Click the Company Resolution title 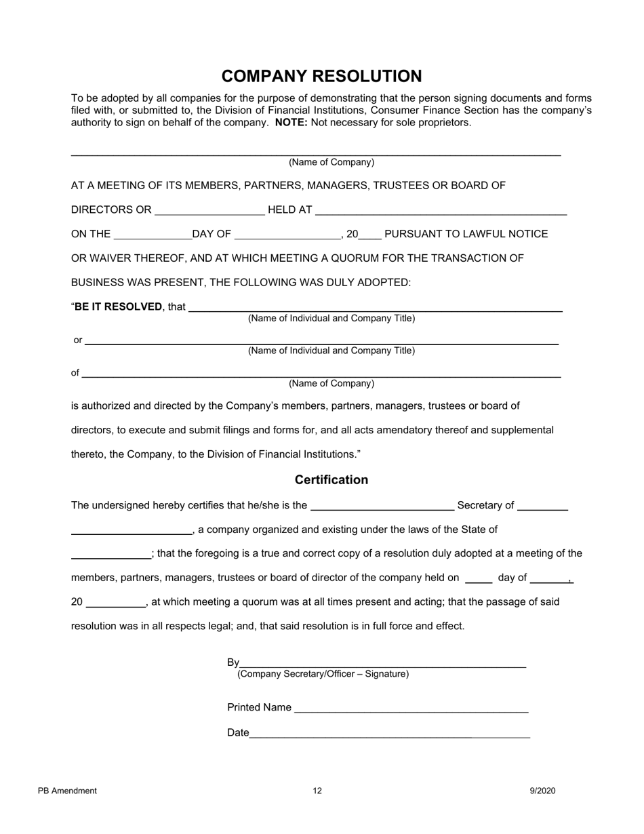click(x=321, y=76)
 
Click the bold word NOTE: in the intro click(x=291, y=123)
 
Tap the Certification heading click(x=331, y=480)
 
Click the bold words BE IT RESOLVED click(x=119, y=306)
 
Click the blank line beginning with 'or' click(x=321, y=342)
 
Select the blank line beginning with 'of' click(x=321, y=374)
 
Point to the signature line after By click(x=383, y=664)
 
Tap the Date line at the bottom click(x=389, y=734)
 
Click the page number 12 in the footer click(x=317, y=791)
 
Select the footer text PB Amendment click(x=68, y=791)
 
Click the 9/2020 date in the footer click(x=543, y=791)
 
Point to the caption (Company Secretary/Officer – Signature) click(x=323, y=674)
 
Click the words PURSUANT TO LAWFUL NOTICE click(x=466, y=234)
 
